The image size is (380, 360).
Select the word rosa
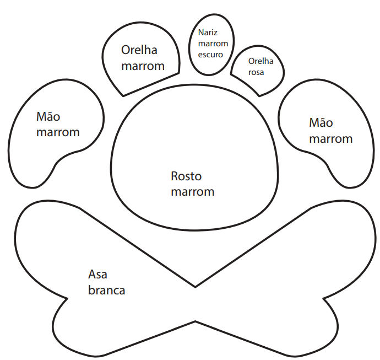257,72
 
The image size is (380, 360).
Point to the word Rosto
186,176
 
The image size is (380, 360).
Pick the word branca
107,290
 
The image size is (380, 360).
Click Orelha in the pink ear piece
260,61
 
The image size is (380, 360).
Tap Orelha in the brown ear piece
139,50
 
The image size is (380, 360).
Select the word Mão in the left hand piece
48,116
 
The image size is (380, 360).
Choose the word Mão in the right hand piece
321,122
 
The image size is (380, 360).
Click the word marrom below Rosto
192,192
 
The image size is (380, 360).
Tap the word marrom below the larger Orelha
143,66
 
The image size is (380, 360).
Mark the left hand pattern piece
39,160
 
